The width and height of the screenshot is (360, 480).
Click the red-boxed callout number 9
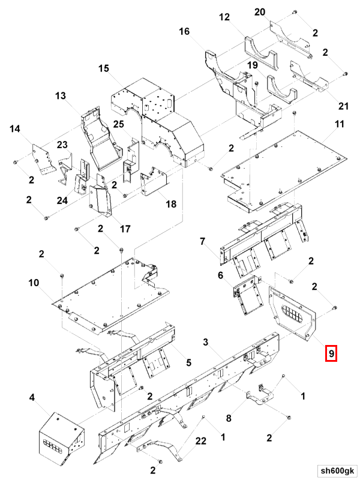pyautogui.click(x=331, y=353)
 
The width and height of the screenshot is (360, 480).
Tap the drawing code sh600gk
pyautogui.click(x=337, y=470)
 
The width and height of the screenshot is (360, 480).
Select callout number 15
pyautogui.click(x=104, y=68)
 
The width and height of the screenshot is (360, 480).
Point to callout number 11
pyautogui.click(x=340, y=124)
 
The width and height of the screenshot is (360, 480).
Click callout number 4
pyautogui.click(x=32, y=398)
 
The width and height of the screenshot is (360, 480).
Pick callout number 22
pyautogui.click(x=201, y=441)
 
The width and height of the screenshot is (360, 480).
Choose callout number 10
pyautogui.click(x=34, y=283)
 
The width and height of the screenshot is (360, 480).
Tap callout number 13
pyautogui.click(x=61, y=96)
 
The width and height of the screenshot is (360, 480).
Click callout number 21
pyautogui.click(x=343, y=106)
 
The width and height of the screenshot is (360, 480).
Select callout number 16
pyautogui.click(x=184, y=31)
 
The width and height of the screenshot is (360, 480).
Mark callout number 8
pyautogui.click(x=229, y=418)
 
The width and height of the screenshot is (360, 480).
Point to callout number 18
pyautogui.click(x=171, y=204)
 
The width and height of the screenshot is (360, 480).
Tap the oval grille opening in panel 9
pyautogui.click(x=292, y=314)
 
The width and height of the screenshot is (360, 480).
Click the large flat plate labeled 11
pyautogui.click(x=284, y=172)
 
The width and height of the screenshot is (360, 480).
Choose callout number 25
pyautogui.click(x=118, y=124)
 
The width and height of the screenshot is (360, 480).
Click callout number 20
pyautogui.click(x=260, y=12)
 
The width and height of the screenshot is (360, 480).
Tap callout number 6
pyautogui.click(x=221, y=275)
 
